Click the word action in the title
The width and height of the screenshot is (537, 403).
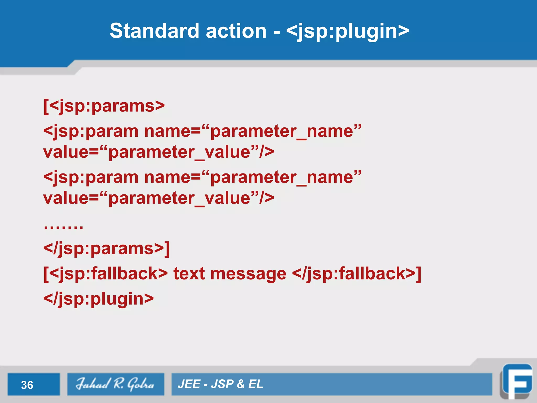236,31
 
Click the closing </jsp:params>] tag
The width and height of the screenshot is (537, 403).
106,248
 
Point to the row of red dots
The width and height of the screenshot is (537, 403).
63,226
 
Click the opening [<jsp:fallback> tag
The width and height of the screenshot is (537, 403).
105,274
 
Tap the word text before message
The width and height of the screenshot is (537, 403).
189,274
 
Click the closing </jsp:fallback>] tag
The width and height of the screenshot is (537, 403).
357,274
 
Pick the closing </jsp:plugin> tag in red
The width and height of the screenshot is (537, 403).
99,299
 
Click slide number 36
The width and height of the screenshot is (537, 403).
27,385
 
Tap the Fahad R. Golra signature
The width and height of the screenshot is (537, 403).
115,384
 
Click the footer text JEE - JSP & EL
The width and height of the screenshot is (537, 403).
220,384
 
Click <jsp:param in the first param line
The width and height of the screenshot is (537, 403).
91,131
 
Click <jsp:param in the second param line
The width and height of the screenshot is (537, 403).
91,177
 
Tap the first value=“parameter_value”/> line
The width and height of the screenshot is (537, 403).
159,152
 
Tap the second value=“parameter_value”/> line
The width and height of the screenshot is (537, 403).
159,198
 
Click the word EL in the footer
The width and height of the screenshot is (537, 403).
255,384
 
